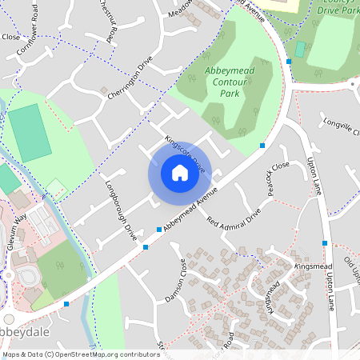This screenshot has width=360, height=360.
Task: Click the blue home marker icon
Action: point(180,173)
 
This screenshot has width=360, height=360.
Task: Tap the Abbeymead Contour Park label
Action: point(230,82)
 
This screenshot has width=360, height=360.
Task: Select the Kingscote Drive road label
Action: point(185,154)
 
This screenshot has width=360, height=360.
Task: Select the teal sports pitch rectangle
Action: point(30,131)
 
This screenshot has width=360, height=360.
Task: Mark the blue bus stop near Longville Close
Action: point(262,145)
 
